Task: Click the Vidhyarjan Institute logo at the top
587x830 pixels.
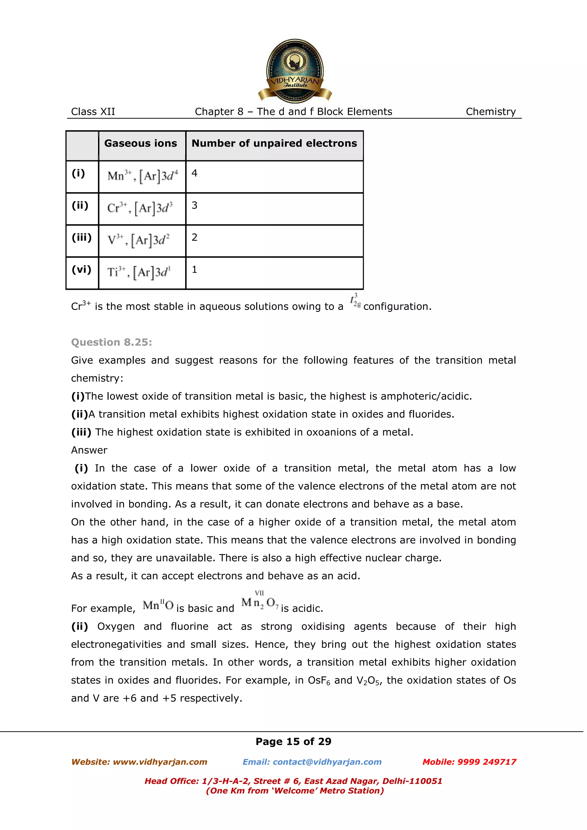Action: (294, 71)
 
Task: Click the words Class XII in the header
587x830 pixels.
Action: (93, 112)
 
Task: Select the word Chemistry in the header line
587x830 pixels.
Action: (490, 112)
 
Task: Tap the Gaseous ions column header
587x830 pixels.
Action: (141, 143)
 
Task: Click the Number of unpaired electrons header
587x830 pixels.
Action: (274, 143)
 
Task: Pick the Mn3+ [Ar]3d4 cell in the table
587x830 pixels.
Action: (142, 176)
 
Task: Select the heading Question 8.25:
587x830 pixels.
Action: (111, 342)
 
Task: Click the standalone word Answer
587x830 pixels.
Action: (89, 450)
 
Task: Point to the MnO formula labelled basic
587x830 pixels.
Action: (158, 605)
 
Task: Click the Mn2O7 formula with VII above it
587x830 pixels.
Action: (260, 602)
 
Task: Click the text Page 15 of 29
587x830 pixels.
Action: (293, 742)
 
